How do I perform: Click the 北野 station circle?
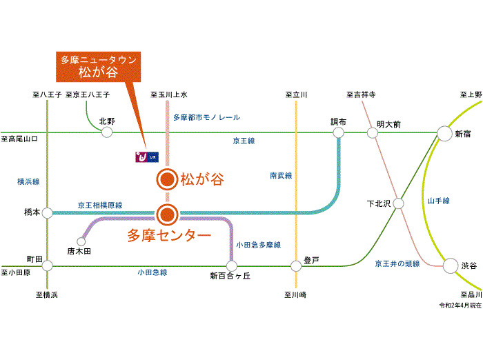[x=107, y=132]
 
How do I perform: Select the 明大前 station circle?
[x=373, y=132]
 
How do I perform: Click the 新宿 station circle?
[x=444, y=132]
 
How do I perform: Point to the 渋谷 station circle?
[x=451, y=265]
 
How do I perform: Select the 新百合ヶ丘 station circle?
[x=231, y=265]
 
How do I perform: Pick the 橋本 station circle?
[x=48, y=213]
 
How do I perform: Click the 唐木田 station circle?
[x=81, y=242]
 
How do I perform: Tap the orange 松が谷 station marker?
[x=166, y=181]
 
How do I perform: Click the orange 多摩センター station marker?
[x=166, y=214]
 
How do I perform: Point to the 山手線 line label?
[x=438, y=201]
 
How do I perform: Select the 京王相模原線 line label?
[x=100, y=205]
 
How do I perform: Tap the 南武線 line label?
[x=281, y=176]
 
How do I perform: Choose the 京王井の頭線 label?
[x=397, y=263]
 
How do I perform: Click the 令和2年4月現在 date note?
[x=460, y=304]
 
